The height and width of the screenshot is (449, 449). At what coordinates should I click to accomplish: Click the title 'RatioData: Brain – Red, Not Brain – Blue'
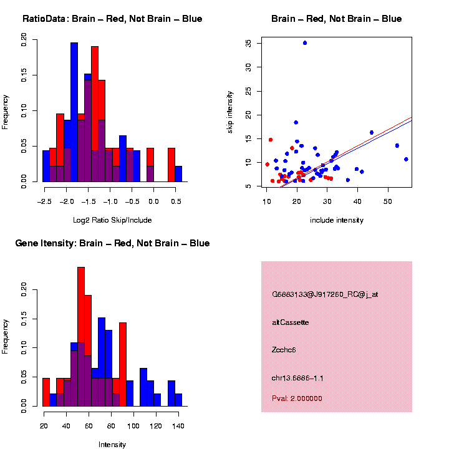pyautogui.click(x=112, y=19)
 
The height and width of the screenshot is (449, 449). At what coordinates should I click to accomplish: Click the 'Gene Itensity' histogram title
pyautogui.click(x=112, y=243)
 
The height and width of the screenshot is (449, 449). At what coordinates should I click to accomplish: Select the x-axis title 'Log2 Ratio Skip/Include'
pyautogui.click(x=112, y=220)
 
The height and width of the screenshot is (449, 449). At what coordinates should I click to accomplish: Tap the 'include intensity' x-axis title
pyautogui.click(x=337, y=220)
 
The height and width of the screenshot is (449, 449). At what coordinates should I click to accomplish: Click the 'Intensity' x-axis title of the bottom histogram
pyautogui.click(x=112, y=445)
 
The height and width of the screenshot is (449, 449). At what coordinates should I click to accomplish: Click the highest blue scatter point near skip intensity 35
pyautogui.click(x=305, y=43)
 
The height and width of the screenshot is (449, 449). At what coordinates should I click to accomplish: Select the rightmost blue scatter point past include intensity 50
pyautogui.click(x=406, y=159)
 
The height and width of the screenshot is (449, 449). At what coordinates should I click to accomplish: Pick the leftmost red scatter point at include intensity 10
pyautogui.click(x=268, y=165)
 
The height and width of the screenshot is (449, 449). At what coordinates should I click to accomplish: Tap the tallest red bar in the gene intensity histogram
pyautogui.click(x=81, y=337)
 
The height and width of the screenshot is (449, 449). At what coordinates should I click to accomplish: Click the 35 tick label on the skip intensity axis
pyautogui.click(x=249, y=43)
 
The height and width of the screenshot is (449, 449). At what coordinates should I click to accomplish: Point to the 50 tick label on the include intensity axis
pyautogui.click(x=388, y=201)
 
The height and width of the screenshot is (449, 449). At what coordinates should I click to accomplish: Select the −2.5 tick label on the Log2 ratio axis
pyautogui.click(x=44, y=201)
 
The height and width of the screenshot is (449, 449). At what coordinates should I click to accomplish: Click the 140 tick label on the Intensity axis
pyautogui.click(x=178, y=426)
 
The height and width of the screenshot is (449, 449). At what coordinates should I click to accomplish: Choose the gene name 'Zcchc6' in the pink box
pyautogui.click(x=284, y=350)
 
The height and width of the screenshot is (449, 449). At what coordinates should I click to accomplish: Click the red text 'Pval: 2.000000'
pyautogui.click(x=297, y=398)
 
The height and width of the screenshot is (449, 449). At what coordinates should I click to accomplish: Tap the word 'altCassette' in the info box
pyautogui.click(x=291, y=322)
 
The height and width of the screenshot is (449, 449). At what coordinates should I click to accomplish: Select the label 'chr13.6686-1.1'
pyautogui.click(x=297, y=378)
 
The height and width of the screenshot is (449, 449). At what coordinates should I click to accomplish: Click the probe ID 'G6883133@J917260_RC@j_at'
pyautogui.click(x=325, y=294)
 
